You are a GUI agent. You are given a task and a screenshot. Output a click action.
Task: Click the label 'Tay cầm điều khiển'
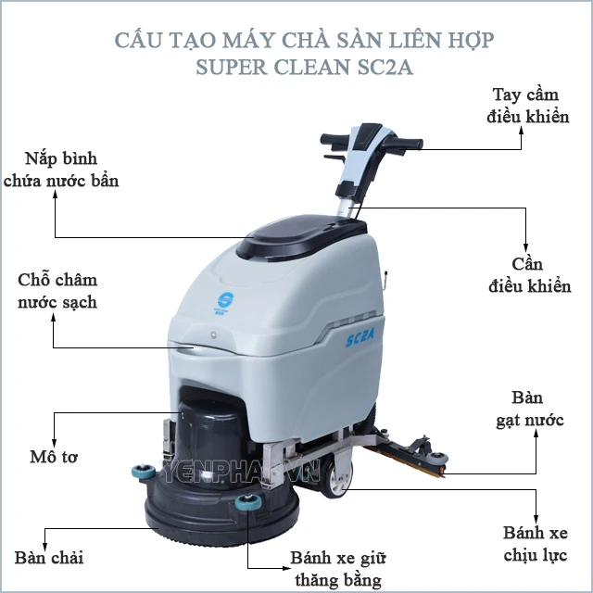coord(527,106)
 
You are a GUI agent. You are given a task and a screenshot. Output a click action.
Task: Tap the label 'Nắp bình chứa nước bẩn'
coord(61,170)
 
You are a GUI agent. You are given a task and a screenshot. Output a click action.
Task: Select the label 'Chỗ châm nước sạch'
coord(57,291)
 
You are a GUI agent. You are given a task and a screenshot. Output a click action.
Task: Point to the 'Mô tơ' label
coord(54,457)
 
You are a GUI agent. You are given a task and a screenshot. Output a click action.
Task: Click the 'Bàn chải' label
coord(49,558)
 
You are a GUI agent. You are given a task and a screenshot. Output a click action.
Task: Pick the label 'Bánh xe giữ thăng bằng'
coord(338,569)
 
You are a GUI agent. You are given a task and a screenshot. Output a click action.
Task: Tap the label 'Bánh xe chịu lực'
coord(536,544)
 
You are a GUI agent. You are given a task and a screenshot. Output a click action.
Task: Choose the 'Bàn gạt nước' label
coord(530,410)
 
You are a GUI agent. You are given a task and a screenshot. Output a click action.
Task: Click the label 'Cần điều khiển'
coord(529,275)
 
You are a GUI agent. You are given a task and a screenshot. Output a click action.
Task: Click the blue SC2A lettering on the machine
coord(360,337)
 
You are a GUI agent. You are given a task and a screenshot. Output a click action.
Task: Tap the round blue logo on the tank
coord(225,300)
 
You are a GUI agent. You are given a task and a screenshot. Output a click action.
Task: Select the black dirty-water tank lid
coord(300,236)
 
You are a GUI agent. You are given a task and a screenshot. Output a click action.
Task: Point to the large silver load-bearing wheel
coord(337,479)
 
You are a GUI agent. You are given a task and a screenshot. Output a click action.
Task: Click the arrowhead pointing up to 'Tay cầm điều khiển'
coord(521,130)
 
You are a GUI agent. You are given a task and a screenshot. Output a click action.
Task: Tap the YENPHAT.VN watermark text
coord(242,472)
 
